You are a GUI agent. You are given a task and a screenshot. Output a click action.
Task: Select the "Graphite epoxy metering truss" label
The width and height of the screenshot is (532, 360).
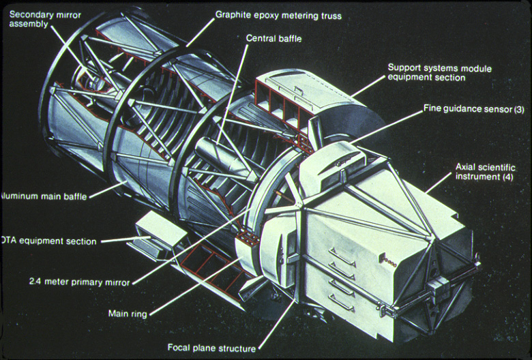coord(278,14)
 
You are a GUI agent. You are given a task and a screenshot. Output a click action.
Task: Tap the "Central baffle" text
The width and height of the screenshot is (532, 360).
coord(274,39)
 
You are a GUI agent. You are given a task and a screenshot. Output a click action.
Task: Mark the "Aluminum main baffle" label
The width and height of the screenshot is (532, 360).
coord(42,195)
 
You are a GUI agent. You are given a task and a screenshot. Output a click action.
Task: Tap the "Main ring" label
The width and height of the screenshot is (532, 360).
coord(129,314)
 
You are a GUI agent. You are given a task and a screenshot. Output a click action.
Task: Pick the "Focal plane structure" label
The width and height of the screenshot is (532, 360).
coord(211,348)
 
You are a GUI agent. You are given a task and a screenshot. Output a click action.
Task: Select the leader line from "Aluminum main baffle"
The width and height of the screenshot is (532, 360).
coord(106,189)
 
